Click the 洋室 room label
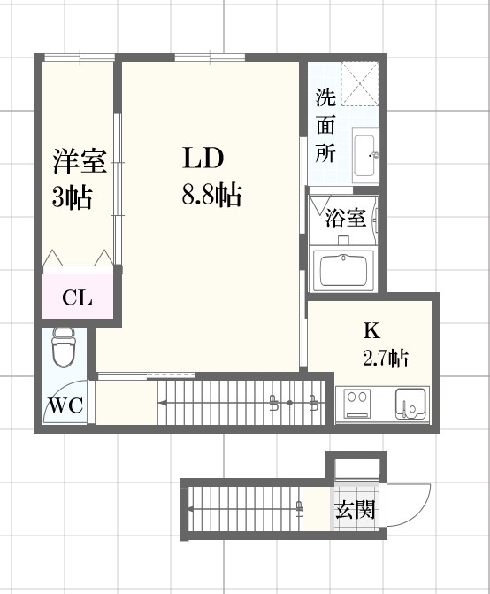tap(79, 163)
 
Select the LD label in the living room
tap(203, 158)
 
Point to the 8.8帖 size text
tap(211, 196)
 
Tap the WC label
tap(65, 406)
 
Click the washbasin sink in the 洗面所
tap(364, 156)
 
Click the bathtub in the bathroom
tap(345, 269)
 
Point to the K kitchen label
tap(371, 331)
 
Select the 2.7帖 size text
tap(384, 359)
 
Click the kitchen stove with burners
tap(358, 404)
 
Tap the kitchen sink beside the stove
tap(410, 404)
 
